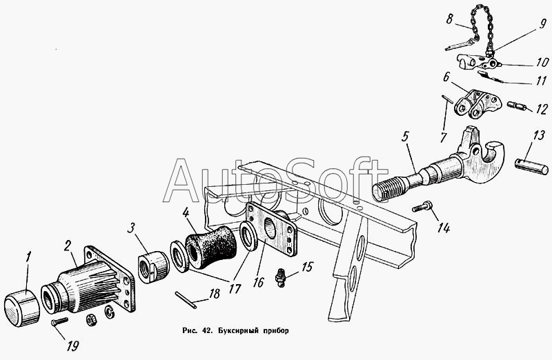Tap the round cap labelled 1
22,307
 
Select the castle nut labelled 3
153,267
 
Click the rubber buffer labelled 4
210,245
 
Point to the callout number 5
405,137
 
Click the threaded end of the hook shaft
389,189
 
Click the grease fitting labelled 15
280,277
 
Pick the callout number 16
258,281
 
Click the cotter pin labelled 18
186,300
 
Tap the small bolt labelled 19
59,322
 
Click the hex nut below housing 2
91,319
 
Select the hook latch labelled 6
477,103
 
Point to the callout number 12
542,109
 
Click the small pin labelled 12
517,106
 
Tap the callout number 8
450,19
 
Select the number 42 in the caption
207,331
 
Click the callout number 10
542,62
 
